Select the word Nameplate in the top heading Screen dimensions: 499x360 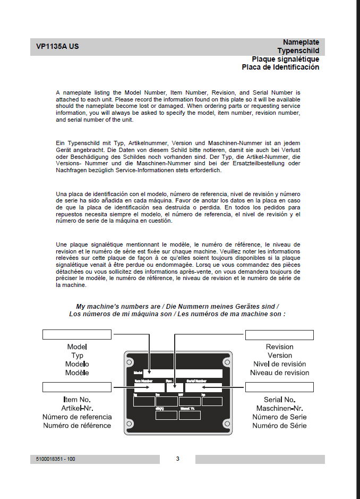(x=301, y=42)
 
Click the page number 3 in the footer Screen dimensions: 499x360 (x=177, y=459)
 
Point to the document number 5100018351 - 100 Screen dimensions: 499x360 (x=53, y=459)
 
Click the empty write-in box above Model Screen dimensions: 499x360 (x=76, y=334)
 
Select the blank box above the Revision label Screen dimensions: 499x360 (x=279, y=334)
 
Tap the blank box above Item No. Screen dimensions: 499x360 (x=76, y=386)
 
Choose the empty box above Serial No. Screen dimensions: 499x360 (x=279, y=386)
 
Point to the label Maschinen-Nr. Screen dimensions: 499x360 (x=279, y=408)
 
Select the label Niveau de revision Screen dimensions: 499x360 (x=279, y=373)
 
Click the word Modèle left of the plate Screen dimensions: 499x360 (x=77, y=373)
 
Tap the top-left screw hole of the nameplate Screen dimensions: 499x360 (x=130, y=359)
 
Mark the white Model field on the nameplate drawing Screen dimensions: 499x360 (x=183, y=373)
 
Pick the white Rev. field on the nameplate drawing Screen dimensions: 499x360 (x=174, y=387)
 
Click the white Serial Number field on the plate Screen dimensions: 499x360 (x=203, y=387)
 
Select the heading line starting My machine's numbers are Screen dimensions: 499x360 (x=177, y=307)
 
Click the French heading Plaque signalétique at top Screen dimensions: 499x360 (x=285, y=59)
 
